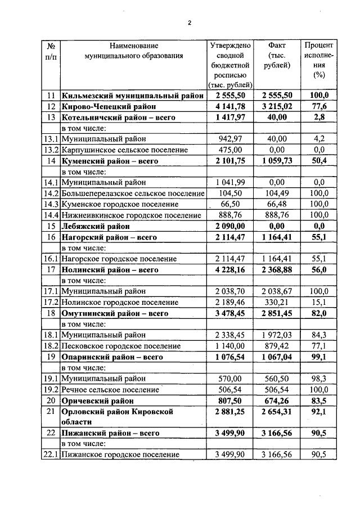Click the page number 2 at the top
[x=190, y=23]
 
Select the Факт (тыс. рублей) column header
[x=277, y=55]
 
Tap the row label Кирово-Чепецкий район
[x=108, y=106]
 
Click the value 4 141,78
[x=231, y=106]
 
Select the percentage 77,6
[x=319, y=106]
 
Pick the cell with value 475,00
[x=231, y=150]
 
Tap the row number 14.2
[x=51, y=193]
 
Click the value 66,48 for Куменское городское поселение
[x=277, y=204]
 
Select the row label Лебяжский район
[x=96, y=226]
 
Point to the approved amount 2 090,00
[x=231, y=226]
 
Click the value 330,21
[x=277, y=302]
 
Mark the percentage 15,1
[x=319, y=302]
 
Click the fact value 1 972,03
[x=277, y=335]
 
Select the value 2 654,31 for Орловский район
[x=277, y=412]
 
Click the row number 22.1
[x=51, y=454]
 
